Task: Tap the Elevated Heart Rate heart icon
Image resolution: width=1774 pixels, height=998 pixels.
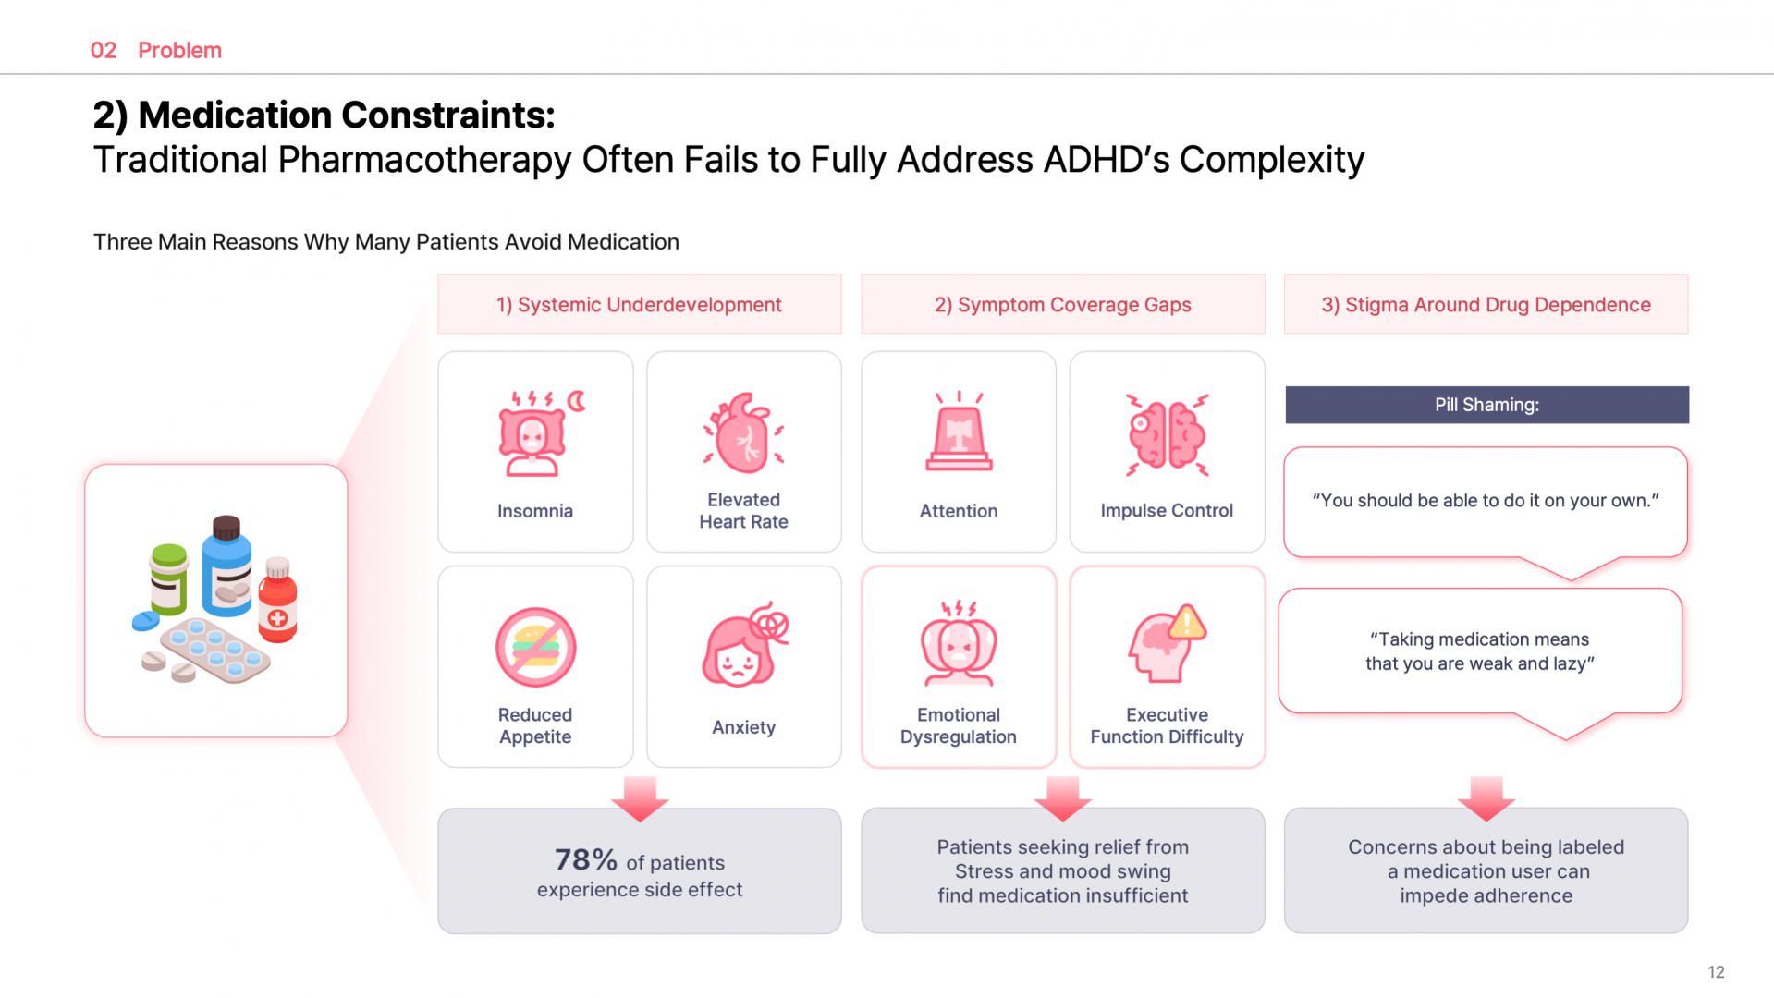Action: (x=743, y=433)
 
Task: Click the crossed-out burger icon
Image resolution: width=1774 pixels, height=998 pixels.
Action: (x=535, y=647)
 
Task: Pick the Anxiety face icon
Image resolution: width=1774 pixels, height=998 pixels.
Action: (x=742, y=647)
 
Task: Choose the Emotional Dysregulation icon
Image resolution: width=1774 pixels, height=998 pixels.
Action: (x=959, y=645)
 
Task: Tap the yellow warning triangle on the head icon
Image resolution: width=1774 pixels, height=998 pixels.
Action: (x=1187, y=624)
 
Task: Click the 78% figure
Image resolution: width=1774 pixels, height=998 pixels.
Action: (x=585, y=860)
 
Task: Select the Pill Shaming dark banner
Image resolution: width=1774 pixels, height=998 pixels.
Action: (x=1486, y=405)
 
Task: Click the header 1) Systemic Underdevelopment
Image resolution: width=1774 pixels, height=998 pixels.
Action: (x=639, y=305)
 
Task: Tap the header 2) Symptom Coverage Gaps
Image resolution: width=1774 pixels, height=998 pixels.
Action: (x=1062, y=305)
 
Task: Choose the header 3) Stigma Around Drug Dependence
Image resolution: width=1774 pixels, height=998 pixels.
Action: (x=1486, y=305)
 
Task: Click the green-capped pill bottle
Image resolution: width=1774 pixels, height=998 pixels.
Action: (x=169, y=579)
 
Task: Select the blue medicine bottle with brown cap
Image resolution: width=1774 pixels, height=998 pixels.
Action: (x=226, y=567)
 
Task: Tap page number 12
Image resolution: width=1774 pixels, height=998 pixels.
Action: (x=1716, y=972)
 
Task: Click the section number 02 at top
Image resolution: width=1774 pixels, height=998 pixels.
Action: (x=104, y=51)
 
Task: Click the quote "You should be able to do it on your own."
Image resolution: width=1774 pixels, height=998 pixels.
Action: (x=1486, y=501)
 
